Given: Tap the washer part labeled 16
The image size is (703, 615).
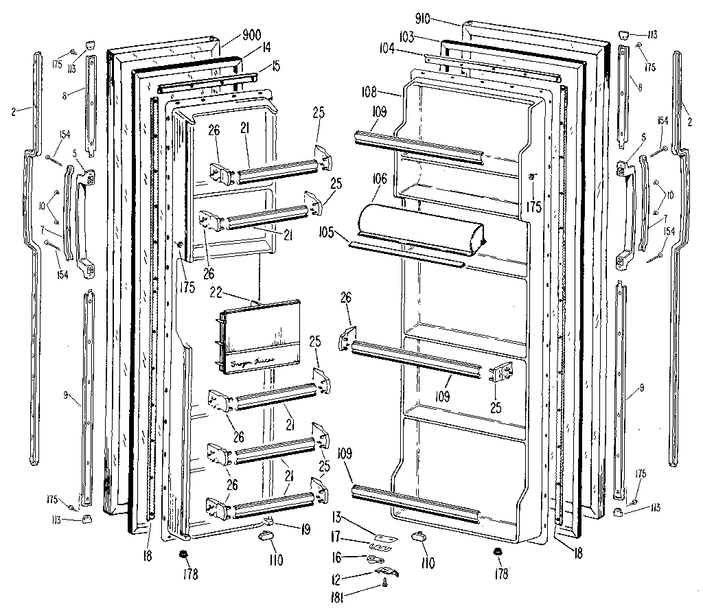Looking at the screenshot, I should click(x=376, y=559).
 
